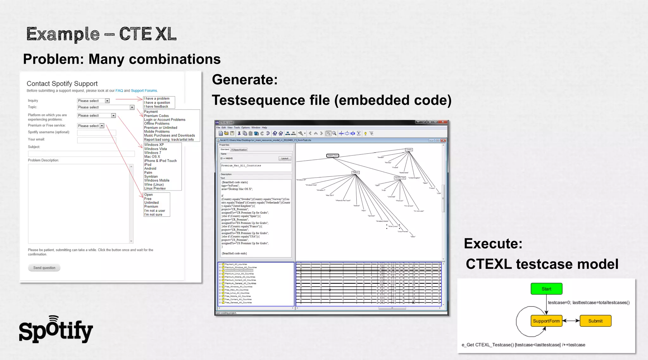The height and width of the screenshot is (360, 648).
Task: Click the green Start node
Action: [546, 289]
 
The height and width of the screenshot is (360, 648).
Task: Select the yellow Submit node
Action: [595, 321]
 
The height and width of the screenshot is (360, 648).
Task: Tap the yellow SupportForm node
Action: [546, 321]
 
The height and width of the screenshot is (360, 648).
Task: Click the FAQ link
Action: [119, 91]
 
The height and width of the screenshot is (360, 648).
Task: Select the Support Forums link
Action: [144, 91]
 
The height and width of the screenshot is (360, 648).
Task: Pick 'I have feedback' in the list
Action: [157, 107]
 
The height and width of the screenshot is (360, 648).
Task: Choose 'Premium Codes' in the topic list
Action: [156, 116]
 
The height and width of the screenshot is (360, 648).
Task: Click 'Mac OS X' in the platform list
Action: [152, 157]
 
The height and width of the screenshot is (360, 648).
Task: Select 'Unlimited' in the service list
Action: [152, 203]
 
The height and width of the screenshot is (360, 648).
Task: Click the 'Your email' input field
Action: [97, 140]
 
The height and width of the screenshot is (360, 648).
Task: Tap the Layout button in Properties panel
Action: [285, 158]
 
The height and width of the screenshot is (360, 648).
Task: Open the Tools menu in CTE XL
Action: [237, 128]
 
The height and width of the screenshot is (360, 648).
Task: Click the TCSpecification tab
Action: [239, 150]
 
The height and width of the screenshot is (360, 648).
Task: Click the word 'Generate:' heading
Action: [245, 79]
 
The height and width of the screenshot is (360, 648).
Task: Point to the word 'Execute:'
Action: [493, 243]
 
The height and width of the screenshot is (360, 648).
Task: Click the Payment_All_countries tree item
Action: [236, 264]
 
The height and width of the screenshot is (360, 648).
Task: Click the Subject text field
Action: [81, 154]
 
